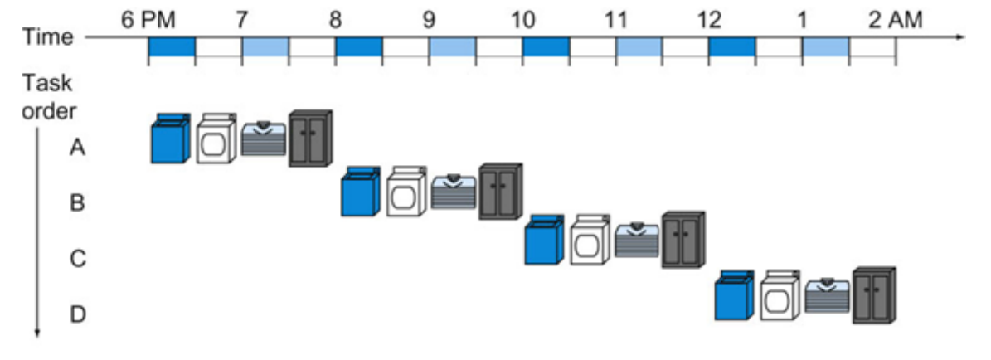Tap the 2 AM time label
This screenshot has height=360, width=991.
click(x=895, y=19)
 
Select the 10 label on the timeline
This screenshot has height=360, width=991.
click(x=522, y=19)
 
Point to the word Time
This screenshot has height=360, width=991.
click(x=48, y=37)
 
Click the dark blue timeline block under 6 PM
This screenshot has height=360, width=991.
click(x=172, y=48)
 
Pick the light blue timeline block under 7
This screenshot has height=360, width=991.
click(x=265, y=48)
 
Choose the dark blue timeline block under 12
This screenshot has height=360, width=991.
click(x=732, y=48)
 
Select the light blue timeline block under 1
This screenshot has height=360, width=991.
click(x=826, y=48)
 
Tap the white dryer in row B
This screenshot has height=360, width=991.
click(x=406, y=192)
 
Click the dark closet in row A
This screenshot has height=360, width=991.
click(x=310, y=138)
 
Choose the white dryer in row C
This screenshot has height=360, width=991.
click(x=590, y=243)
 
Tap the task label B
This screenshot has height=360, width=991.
click(x=77, y=203)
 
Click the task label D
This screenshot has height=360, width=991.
click(x=77, y=314)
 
